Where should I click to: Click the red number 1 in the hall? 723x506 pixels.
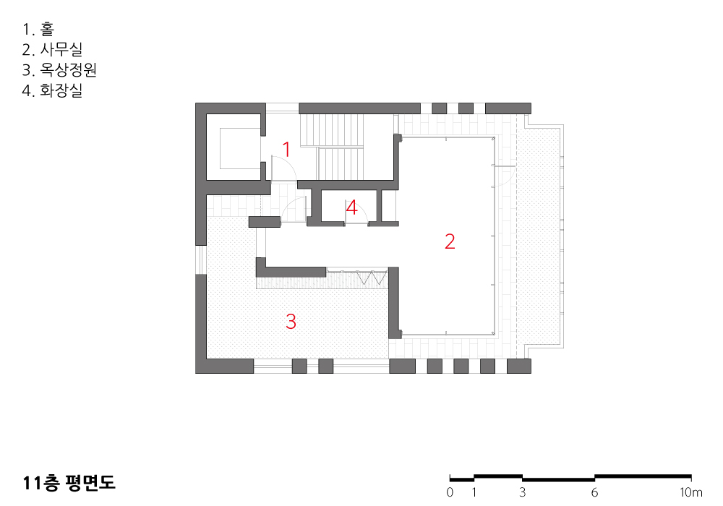pos(286,150)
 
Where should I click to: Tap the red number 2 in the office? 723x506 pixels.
pos(450,241)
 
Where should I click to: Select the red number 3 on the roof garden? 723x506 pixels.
pos(291,321)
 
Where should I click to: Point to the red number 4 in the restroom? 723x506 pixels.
pos(352,207)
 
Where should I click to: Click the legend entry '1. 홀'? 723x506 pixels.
pos(38,29)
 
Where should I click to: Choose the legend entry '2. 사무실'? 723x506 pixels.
pos(52,49)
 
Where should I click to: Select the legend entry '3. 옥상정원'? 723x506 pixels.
pos(59,69)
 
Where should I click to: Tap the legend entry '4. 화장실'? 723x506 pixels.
pos(52,90)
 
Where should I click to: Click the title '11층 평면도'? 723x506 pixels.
pos(69,482)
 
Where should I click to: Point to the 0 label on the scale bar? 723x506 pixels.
pos(450,492)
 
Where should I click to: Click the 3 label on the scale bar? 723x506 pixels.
pos(523,492)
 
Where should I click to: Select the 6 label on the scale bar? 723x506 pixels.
pos(594,492)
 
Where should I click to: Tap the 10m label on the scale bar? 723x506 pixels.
pos(690,492)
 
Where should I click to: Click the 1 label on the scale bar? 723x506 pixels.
pos(474,492)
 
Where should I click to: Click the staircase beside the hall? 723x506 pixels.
pos(332,147)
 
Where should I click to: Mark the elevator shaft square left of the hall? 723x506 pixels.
pos(234,147)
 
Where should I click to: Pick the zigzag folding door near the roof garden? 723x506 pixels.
pos(372,278)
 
